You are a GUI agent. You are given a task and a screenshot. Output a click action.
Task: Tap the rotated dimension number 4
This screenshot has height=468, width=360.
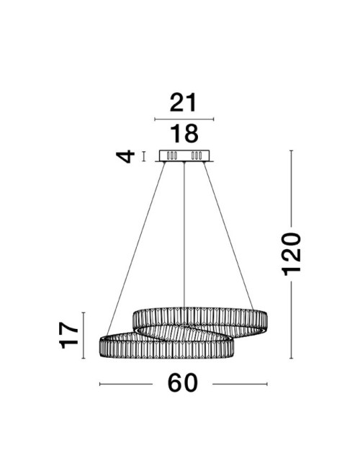[x=127, y=156]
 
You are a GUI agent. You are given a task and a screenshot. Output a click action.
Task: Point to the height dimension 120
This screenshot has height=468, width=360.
[x=291, y=253]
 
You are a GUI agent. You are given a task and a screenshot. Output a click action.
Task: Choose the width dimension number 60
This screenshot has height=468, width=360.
[x=183, y=384]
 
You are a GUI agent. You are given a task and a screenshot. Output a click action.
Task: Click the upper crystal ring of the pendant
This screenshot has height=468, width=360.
[x=202, y=318]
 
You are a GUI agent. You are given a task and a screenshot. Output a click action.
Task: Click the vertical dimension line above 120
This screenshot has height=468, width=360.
[x=291, y=187]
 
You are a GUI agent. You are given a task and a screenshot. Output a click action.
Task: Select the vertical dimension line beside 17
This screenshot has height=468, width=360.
[x=85, y=335]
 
